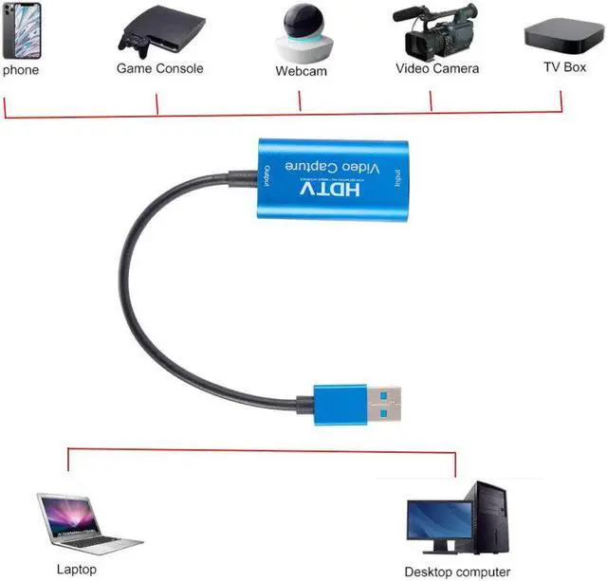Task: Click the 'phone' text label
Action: pos(20,69)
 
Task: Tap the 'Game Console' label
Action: pos(159,68)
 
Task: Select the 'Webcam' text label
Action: pos(301,71)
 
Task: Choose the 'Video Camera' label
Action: pos(437,68)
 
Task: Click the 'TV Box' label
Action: pos(563,67)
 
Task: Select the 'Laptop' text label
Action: pos(76,570)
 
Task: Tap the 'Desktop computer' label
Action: pos(456,571)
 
